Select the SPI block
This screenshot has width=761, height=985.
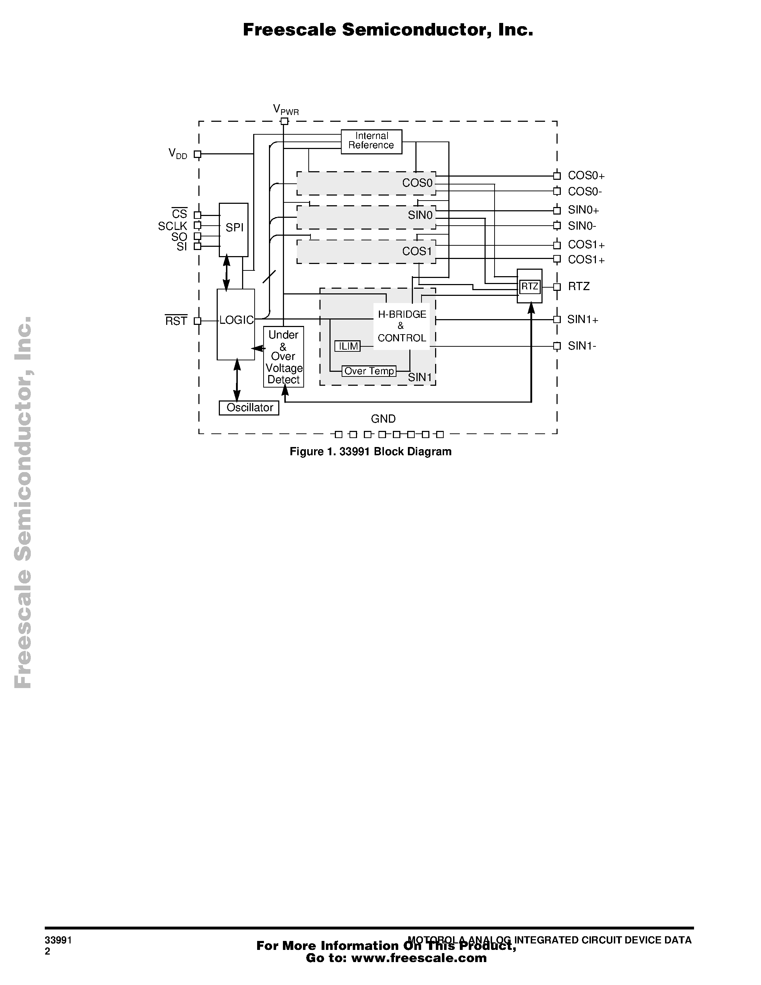(x=233, y=229)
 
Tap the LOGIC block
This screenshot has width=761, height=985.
(x=236, y=324)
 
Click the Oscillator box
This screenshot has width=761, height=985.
(x=249, y=408)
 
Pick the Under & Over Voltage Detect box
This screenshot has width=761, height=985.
(x=284, y=357)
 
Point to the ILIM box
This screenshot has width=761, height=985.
(x=348, y=346)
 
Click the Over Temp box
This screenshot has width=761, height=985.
(x=369, y=371)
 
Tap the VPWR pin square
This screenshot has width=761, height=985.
(x=284, y=121)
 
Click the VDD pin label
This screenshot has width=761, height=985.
(x=178, y=154)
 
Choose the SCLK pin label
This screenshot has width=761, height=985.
(x=172, y=226)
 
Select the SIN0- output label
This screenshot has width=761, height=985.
(x=582, y=226)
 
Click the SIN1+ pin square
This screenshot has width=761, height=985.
(x=557, y=319)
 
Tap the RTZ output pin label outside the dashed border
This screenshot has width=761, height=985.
(x=578, y=287)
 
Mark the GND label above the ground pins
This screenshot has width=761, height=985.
(x=383, y=419)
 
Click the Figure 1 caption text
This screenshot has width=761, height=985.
(x=370, y=451)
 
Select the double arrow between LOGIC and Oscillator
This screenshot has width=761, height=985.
(x=237, y=380)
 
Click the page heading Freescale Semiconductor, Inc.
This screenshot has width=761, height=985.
(x=388, y=30)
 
